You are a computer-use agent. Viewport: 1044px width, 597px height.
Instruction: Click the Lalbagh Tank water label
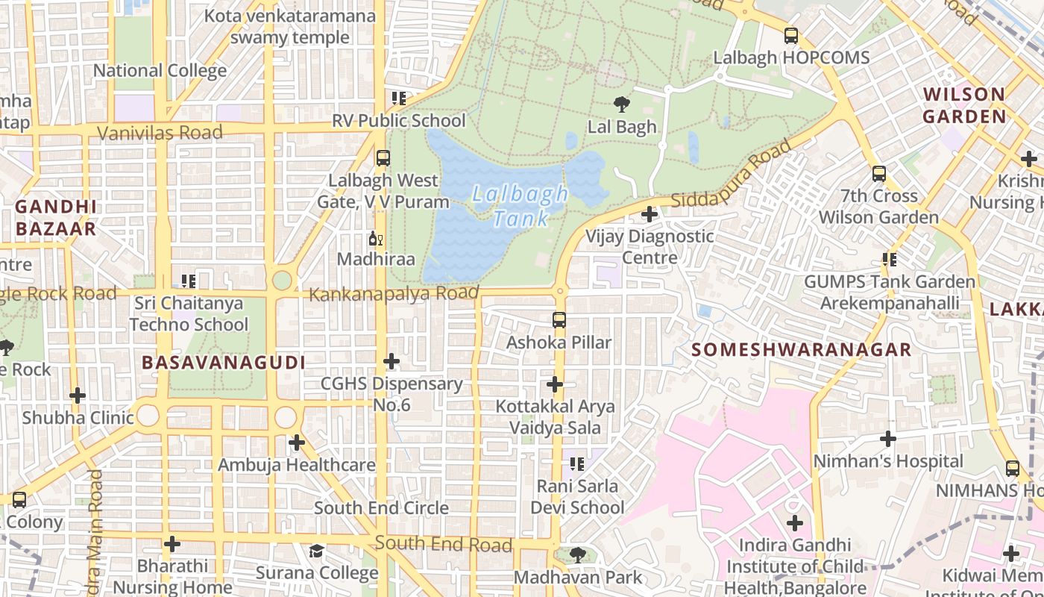(x=521, y=206)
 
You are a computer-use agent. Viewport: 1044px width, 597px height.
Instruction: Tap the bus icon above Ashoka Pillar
(x=559, y=320)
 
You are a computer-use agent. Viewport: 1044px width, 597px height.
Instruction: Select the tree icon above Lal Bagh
(x=621, y=104)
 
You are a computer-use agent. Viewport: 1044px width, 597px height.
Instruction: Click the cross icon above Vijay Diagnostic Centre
(x=650, y=214)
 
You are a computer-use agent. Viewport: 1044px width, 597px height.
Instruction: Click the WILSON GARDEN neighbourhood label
(x=964, y=105)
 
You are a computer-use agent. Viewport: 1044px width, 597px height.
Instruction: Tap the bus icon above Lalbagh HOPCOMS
(x=790, y=35)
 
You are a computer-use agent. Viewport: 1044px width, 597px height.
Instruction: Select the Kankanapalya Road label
(x=393, y=293)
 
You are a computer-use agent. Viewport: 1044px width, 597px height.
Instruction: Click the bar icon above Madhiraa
(x=376, y=239)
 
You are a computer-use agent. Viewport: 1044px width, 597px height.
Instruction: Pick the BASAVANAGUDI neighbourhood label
(x=224, y=363)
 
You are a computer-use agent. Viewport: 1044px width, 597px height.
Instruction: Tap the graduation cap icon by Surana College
(x=317, y=551)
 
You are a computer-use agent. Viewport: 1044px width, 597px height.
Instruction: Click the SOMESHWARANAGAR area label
(x=801, y=349)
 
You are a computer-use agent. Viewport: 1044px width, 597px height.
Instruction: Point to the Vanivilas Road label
(x=160, y=133)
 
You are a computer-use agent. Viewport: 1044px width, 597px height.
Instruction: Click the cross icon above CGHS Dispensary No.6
(x=391, y=362)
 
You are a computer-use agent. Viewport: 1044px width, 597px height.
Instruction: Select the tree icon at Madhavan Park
(x=577, y=554)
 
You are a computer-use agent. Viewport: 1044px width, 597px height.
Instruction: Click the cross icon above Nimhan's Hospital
(x=887, y=439)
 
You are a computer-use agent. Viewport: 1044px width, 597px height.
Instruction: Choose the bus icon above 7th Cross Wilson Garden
(x=879, y=174)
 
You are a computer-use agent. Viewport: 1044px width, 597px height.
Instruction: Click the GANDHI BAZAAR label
(x=55, y=217)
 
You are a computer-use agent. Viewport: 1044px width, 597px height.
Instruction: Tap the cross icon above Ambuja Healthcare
(x=297, y=443)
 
